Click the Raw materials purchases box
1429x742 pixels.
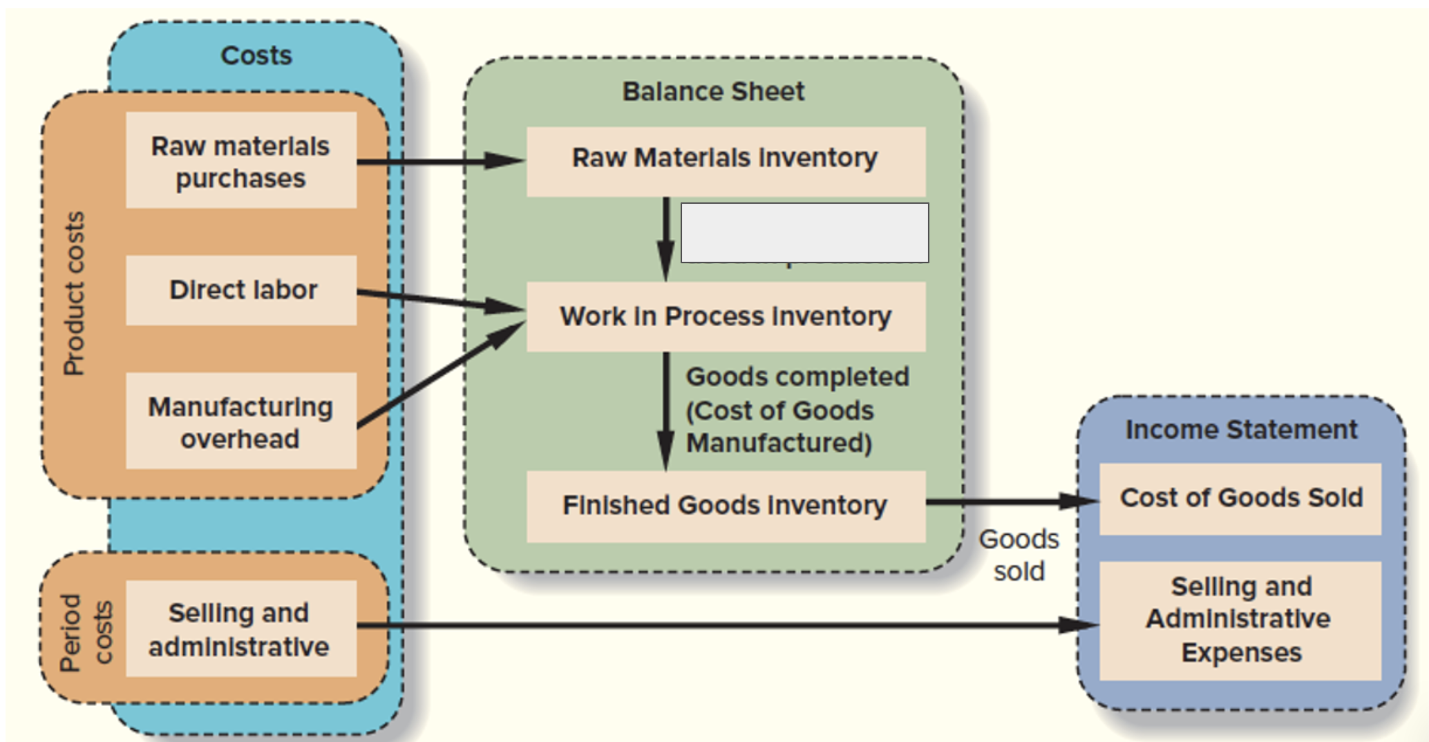coord(241,160)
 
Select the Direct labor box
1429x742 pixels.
coord(241,290)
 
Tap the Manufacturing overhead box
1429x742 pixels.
coord(241,421)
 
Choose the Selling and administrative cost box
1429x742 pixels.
coord(241,629)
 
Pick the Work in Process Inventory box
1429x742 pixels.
coord(726,316)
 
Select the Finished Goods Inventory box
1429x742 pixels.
coord(726,506)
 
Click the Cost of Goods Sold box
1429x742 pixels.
coord(1240,498)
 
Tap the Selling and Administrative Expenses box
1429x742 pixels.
coord(1240,620)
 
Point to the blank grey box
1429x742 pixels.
coord(804,233)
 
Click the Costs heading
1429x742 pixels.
coord(256,55)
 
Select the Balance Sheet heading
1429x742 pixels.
coord(713,91)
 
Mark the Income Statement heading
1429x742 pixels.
coord(1241,430)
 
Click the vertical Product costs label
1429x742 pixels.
coord(74,294)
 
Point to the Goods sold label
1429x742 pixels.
coord(1019,555)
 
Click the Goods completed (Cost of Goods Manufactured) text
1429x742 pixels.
coord(796,410)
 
